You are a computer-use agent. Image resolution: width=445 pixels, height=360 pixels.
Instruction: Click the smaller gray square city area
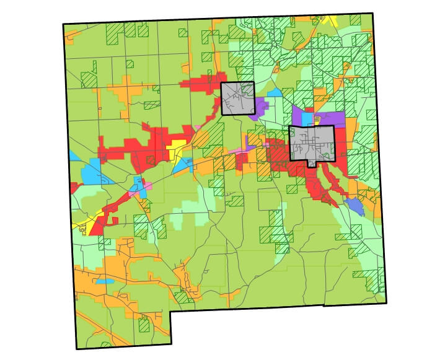[238, 99]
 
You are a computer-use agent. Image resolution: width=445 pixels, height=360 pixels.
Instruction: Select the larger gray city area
[312, 144]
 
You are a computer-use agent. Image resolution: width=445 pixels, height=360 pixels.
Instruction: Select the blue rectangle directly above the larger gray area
[306, 118]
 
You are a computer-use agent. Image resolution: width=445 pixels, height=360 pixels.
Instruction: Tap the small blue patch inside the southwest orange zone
[105, 281]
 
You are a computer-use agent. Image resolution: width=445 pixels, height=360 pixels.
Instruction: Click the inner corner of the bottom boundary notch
[172, 312]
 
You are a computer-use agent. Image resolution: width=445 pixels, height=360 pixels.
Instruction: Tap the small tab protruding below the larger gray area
[311, 164]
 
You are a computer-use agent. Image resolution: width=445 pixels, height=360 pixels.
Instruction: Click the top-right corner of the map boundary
[373, 13]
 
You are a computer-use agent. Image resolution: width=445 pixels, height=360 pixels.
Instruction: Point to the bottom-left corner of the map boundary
[77, 349]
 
